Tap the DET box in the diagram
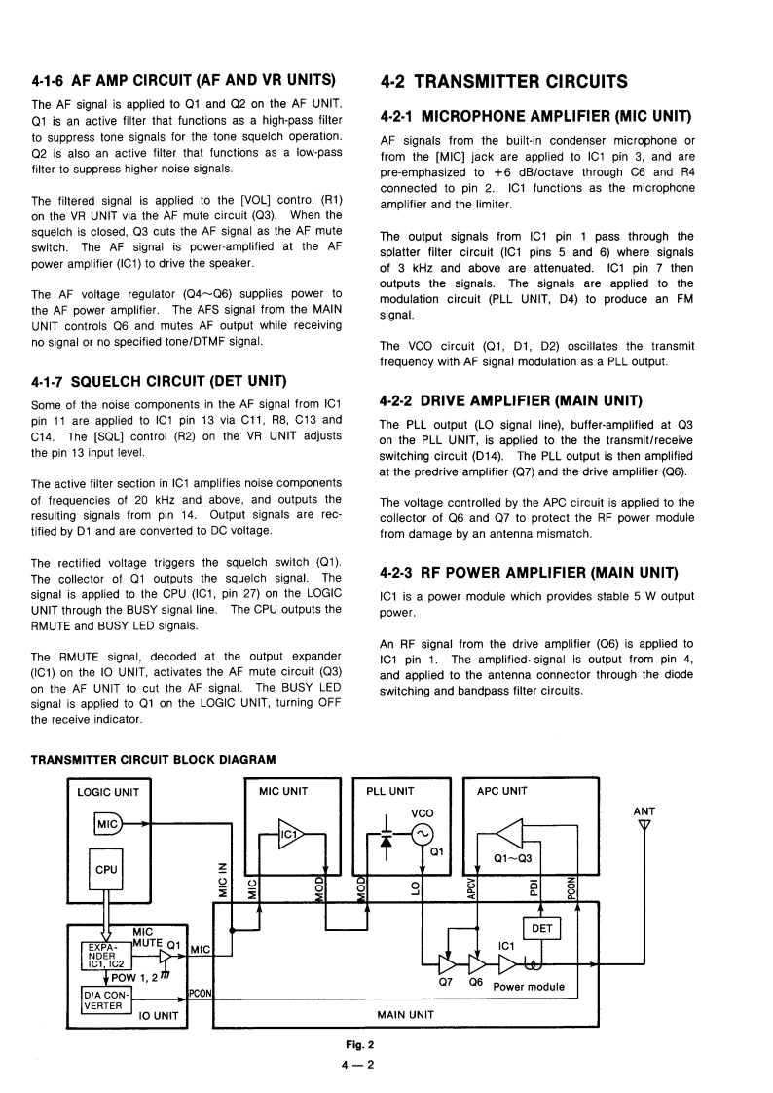542,928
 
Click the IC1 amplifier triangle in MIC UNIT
290,834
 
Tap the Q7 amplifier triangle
448,964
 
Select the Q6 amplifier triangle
477,964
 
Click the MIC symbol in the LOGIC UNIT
107,825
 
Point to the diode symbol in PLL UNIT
386,839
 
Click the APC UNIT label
501,791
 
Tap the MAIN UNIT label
405,1014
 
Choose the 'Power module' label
529,987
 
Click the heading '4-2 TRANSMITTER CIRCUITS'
490,82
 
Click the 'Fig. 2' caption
347,1044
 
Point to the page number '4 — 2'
347,1064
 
